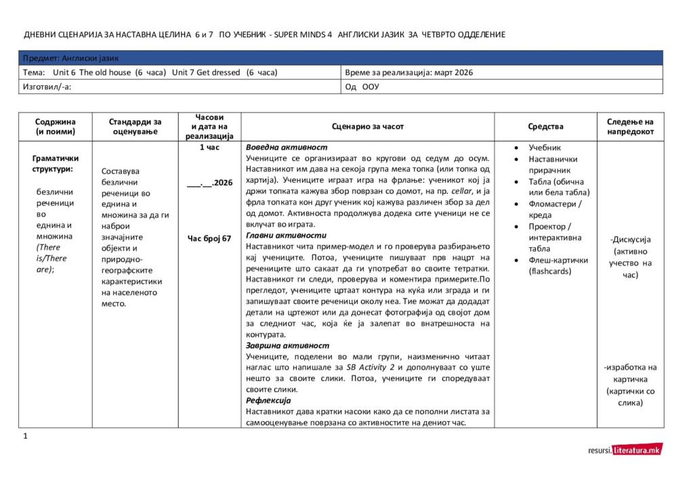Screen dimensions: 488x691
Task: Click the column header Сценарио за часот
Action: (x=368, y=127)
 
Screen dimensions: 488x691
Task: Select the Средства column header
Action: (x=545, y=127)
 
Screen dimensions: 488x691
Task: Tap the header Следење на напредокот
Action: (x=630, y=127)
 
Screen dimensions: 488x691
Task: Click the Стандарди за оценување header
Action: (x=135, y=127)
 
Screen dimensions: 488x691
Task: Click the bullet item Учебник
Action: (x=545, y=148)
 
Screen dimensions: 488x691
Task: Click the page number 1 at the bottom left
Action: (x=25, y=437)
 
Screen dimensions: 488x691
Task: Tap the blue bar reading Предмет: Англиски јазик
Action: (x=341, y=58)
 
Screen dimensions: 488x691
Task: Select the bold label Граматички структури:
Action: (x=56, y=164)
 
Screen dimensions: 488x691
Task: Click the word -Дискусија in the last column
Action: (x=630, y=240)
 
